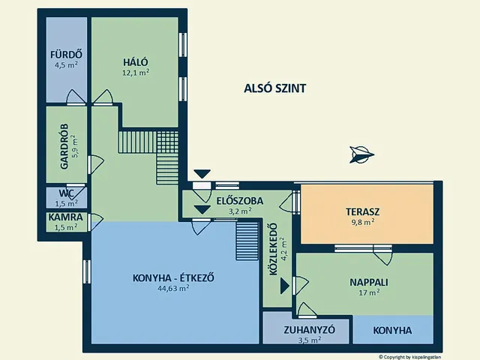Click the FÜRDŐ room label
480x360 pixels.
pos(65,55)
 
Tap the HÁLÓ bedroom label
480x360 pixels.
pos(136,62)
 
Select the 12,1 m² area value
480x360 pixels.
pos(136,73)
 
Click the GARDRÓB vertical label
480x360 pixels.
pos(64,146)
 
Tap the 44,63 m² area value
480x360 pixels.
pos(173,288)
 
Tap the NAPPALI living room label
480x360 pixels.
pos(368,283)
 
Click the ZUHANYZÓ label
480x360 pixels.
pos(308,329)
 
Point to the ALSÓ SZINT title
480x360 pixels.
pos(275,88)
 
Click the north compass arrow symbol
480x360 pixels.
pos(360,154)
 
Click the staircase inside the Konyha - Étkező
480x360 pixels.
pos(246,241)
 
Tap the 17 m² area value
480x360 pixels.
pos(368,293)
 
